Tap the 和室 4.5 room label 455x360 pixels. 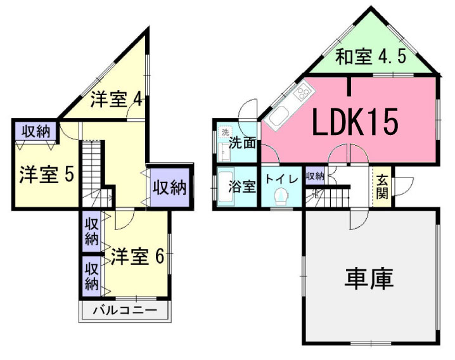pyautogui.click(x=370, y=58)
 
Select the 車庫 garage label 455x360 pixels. pyautogui.click(x=369, y=278)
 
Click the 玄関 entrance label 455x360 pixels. pyautogui.click(x=381, y=186)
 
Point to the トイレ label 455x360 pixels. pyautogui.click(x=281, y=179)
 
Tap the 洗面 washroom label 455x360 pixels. pyautogui.click(x=242, y=143)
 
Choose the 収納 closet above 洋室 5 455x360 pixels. pyautogui.click(x=35, y=132)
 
